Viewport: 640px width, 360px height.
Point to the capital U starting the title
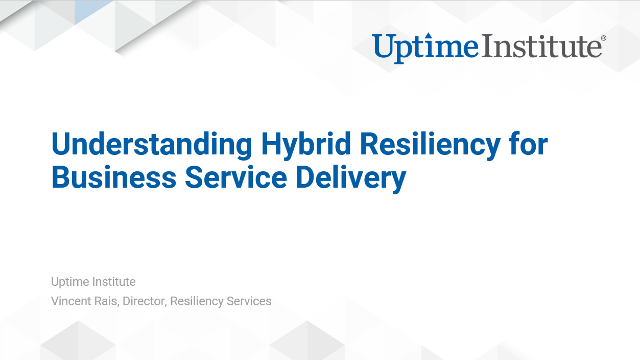click(x=62, y=145)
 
